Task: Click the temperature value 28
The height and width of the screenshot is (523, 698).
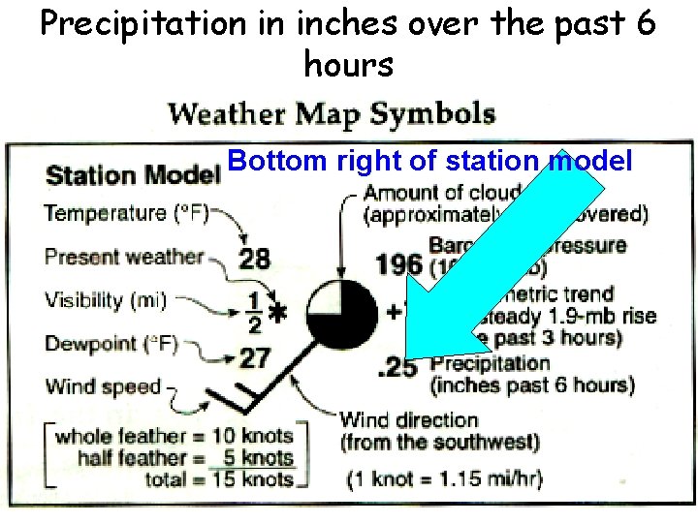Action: (x=254, y=259)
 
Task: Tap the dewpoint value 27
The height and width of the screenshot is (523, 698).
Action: (x=254, y=357)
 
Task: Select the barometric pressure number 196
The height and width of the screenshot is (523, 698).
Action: (x=397, y=263)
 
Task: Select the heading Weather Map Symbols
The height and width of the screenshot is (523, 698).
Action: (x=333, y=114)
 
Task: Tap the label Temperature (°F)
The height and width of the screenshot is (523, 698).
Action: (x=127, y=213)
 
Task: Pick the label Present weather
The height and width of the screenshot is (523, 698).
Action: (x=125, y=257)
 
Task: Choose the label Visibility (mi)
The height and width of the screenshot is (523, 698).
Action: (x=106, y=300)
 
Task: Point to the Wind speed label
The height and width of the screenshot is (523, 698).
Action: (x=103, y=386)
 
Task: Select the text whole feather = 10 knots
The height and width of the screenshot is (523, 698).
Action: (x=174, y=436)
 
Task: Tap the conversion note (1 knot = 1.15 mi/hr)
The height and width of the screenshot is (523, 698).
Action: (x=445, y=478)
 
